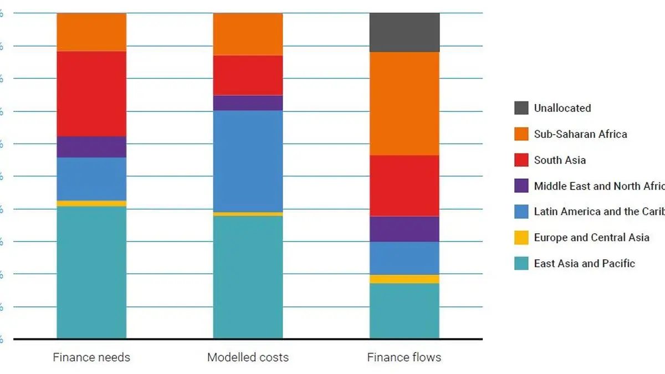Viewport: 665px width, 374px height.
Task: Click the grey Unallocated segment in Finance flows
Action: [405, 32]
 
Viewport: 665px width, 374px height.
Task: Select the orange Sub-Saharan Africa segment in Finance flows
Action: [405, 103]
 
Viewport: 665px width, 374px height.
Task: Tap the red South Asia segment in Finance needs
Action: [91, 94]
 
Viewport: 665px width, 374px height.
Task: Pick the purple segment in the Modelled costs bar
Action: [248, 103]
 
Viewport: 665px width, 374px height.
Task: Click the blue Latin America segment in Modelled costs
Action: [248, 161]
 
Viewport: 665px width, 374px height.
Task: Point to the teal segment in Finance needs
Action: [91, 272]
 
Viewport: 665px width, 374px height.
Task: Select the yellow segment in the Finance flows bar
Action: [405, 279]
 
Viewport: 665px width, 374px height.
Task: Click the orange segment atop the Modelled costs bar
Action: [248, 34]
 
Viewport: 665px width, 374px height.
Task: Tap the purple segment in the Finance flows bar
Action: [405, 229]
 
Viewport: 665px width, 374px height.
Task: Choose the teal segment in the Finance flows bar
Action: [405, 310]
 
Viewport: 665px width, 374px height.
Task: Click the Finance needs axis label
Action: [91, 357]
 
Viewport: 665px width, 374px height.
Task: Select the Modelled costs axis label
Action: [248, 357]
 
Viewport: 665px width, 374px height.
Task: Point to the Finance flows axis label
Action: [404, 357]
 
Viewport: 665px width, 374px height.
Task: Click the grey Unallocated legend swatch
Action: [521, 108]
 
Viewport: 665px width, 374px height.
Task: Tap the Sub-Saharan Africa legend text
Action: [580, 134]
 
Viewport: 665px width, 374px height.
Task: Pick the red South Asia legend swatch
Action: [521, 160]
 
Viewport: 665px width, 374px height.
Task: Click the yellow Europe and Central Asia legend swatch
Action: [521, 238]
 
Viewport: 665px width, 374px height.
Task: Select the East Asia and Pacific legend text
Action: [584, 264]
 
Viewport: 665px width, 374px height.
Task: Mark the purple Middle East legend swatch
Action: [521, 186]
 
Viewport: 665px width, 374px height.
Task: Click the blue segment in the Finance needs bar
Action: [91, 179]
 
